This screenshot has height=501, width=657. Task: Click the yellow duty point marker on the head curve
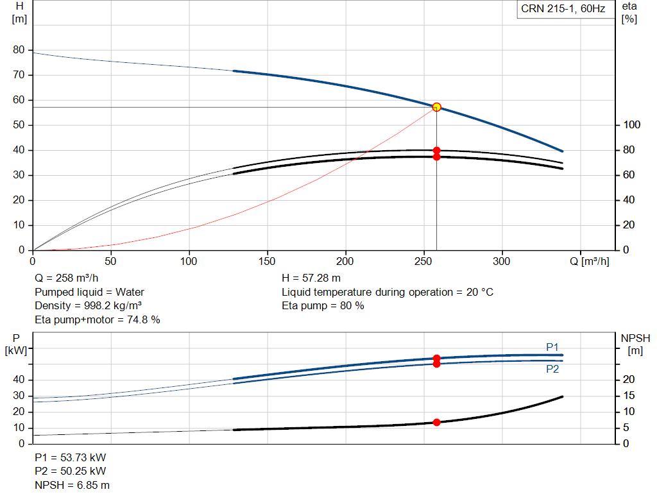tap(436, 107)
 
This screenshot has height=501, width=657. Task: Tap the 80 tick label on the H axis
tap(19, 50)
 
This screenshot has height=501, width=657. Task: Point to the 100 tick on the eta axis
tap(632, 125)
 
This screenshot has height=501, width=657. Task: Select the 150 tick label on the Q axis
tap(267, 261)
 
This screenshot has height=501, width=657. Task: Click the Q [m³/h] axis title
tap(590, 261)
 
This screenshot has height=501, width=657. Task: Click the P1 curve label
tap(552, 347)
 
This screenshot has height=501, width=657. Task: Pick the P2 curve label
tap(552, 369)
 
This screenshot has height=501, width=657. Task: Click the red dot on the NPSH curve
tap(436, 422)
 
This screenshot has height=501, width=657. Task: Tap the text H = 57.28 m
tap(311, 278)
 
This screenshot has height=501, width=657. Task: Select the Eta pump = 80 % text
tap(323, 306)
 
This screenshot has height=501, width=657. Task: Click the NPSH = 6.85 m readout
tap(72, 485)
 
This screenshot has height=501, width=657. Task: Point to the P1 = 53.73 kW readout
tap(71, 457)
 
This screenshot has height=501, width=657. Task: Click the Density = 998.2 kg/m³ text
tap(88, 306)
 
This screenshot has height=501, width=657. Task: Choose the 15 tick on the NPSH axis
tap(629, 395)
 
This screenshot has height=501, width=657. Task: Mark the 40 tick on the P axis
tap(19, 380)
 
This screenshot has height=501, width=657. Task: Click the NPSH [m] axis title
tap(635, 344)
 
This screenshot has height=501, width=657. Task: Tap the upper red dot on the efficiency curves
tap(436, 150)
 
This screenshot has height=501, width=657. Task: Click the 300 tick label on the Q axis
tap(502, 261)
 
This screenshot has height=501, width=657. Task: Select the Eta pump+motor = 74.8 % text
tap(98, 320)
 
